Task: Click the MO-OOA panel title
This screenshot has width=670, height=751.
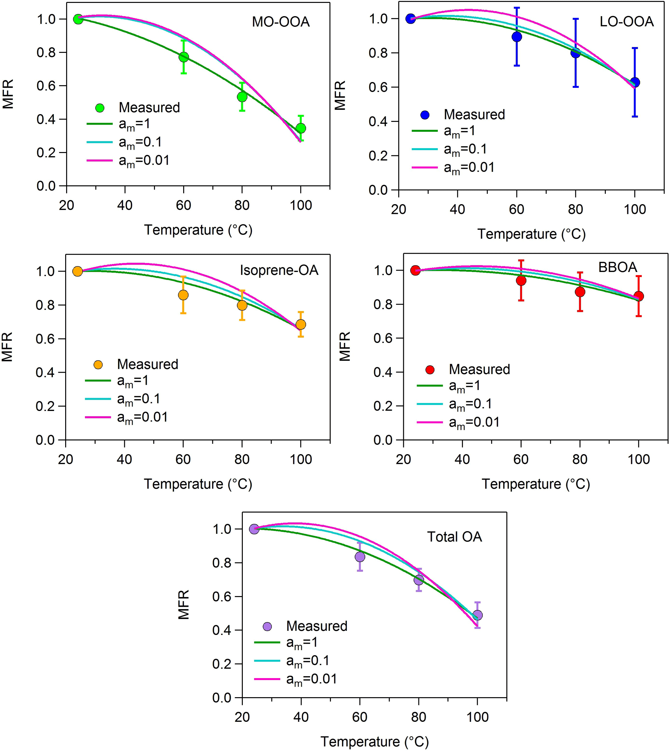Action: (280, 22)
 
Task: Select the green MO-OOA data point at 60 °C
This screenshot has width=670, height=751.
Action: (183, 57)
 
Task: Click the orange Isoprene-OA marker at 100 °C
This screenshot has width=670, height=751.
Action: (301, 324)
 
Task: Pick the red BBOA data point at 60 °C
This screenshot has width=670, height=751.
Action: (521, 280)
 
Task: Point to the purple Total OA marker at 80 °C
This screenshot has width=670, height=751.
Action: (418, 580)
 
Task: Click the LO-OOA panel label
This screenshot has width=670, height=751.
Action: (627, 22)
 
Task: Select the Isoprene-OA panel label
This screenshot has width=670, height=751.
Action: (279, 270)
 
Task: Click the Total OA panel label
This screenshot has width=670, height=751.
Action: (454, 537)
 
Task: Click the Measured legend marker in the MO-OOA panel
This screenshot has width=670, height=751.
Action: (100, 108)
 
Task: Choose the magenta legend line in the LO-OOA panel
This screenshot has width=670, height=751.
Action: (424, 168)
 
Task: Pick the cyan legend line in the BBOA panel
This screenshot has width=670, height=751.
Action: (429, 404)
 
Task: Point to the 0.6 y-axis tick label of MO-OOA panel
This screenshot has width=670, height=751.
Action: (46, 86)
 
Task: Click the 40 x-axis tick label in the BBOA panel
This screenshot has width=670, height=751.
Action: (462, 459)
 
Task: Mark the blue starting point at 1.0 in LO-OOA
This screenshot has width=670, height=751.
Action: (410, 18)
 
